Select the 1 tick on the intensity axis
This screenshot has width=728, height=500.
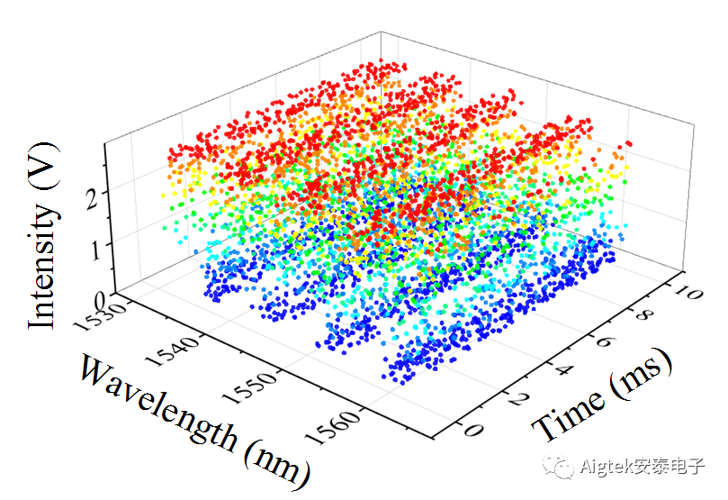pyautogui.click(x=94, y=246)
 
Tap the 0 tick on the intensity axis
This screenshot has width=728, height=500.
pyautogui.click(x=97, y=297)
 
